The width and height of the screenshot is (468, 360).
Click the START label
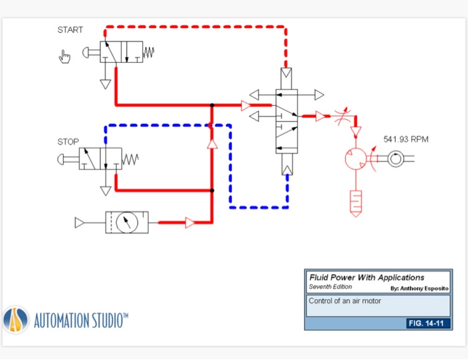(x=70, y=30)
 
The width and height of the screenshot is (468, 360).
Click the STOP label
(x=68, y=141)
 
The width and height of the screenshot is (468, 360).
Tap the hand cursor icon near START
(x=64, y=57)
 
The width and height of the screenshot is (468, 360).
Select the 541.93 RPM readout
(x=406, y=139)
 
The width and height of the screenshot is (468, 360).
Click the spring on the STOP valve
(x=130, y=159)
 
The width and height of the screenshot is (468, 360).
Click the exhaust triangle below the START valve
(x=105, y=84)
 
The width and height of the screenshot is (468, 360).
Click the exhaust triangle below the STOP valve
(x=105, y=191)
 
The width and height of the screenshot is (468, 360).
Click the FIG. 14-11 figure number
(x=428, y=324)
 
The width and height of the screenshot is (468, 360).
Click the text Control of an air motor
(x=344, y=301)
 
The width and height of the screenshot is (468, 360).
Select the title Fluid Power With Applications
(x=366, y=277)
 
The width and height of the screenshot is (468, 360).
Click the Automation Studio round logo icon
(x=15, y=320)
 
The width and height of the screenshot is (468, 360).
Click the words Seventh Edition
(x=330, y=287)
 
